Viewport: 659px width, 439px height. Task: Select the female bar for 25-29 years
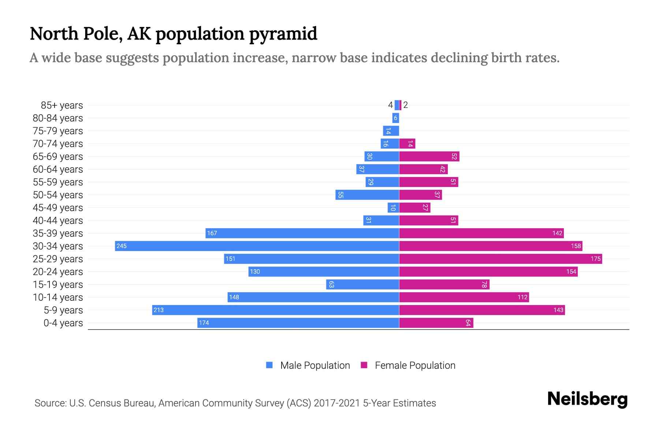pyautogui.click(x=500, y=259)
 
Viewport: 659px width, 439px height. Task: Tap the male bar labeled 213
pyautogui.click(x=275, y=310)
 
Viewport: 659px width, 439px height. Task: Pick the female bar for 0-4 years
pyautogui.click(x=436, y=323)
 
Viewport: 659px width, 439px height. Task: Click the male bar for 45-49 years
pyautogui.click(x=393, y=207)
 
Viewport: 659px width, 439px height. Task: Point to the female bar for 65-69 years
pyautogui.click(x=429, y=156)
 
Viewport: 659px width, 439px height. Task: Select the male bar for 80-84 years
pyautogui.click(x=395, y=118)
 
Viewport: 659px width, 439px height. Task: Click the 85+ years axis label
pyautogui.click(x=62, y=105)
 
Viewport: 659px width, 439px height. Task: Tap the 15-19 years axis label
pyautogui.click(x=58, y=285)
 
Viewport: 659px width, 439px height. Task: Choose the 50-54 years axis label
pyautogui.click(x=58, y=195)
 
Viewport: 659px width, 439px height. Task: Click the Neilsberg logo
pyautogui.click(x=587, y=399)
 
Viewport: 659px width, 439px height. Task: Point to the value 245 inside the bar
pyautogui.click(x=121, y=246)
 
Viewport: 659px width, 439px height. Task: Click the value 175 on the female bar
pyautogui.click(x=595, y=259)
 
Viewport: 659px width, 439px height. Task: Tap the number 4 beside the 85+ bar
pyautogui.click(x=390, y=105)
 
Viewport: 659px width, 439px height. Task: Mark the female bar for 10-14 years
pyautogui.click(x=463, y=297)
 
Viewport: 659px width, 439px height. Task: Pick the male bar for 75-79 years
pyautogui.click(x=391, y=131)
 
